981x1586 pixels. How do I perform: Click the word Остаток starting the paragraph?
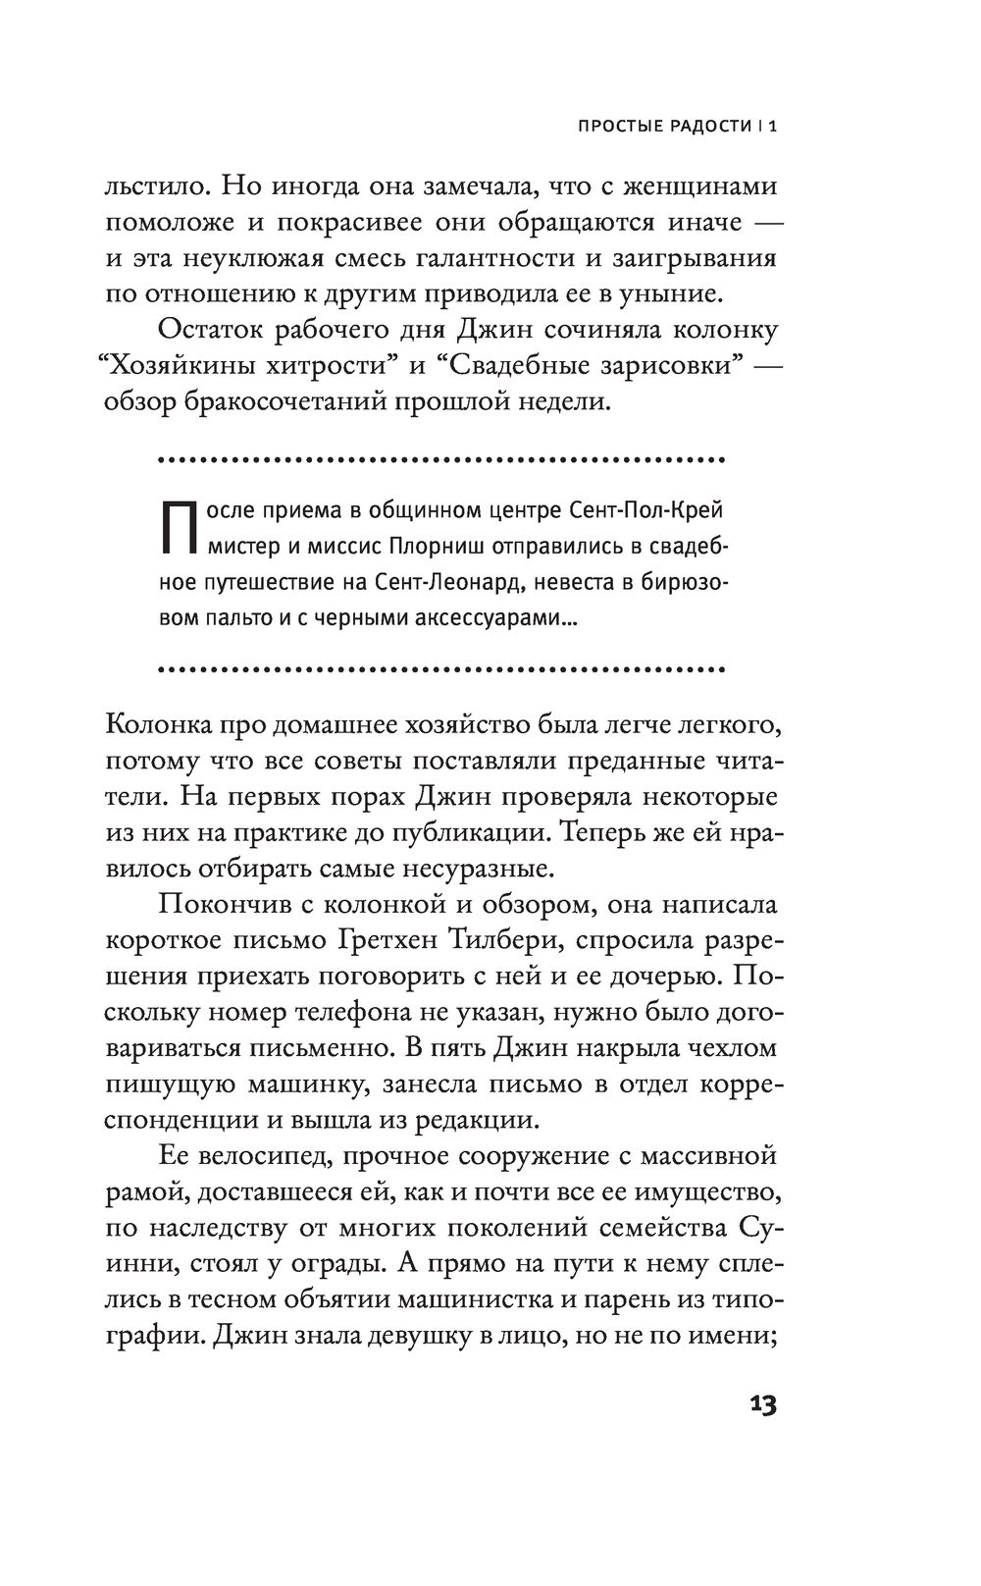point(214,330)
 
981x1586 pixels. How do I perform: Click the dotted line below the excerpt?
point(440,670)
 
